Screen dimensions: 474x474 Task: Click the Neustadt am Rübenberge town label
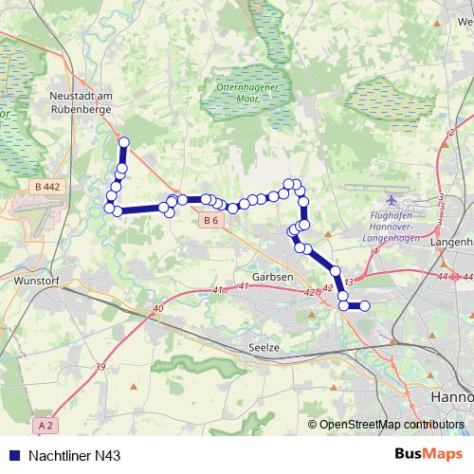coord(82,101)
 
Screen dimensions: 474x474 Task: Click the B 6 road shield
coord(210,221)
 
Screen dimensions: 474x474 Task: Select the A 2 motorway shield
coord(50,426)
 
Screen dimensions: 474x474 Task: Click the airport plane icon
coord(394,201)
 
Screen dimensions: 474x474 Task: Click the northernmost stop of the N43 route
coord(123,142)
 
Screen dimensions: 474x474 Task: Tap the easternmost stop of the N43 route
coord(363,305)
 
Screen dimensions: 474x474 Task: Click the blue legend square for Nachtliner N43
coord(11,457)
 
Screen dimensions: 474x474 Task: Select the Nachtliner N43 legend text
coord(75,457)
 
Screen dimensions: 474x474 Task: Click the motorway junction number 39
coord(100,366)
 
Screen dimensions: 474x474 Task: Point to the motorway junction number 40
coord(156,308)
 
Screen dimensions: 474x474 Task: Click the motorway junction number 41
coord(217,289)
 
